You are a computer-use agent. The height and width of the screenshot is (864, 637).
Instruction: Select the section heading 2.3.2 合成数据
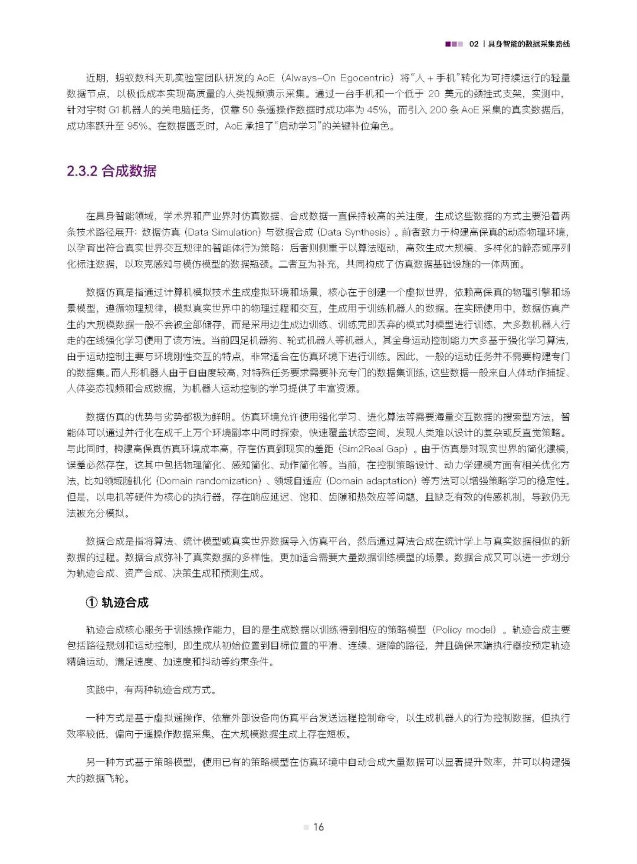(111, 171)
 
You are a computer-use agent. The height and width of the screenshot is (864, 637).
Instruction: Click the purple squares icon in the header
(454, 44)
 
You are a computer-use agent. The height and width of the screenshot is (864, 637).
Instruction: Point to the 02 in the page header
(474, 44)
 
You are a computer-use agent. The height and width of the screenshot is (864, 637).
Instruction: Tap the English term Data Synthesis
(354, 232)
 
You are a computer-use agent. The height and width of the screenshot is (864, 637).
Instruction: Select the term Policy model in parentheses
(465, 629)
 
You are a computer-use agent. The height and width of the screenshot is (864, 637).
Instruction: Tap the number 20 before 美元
(434, 94)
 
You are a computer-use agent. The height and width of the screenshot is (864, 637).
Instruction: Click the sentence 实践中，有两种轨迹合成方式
(150, 690)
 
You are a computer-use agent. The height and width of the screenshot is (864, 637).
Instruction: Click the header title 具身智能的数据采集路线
(529, 44)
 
